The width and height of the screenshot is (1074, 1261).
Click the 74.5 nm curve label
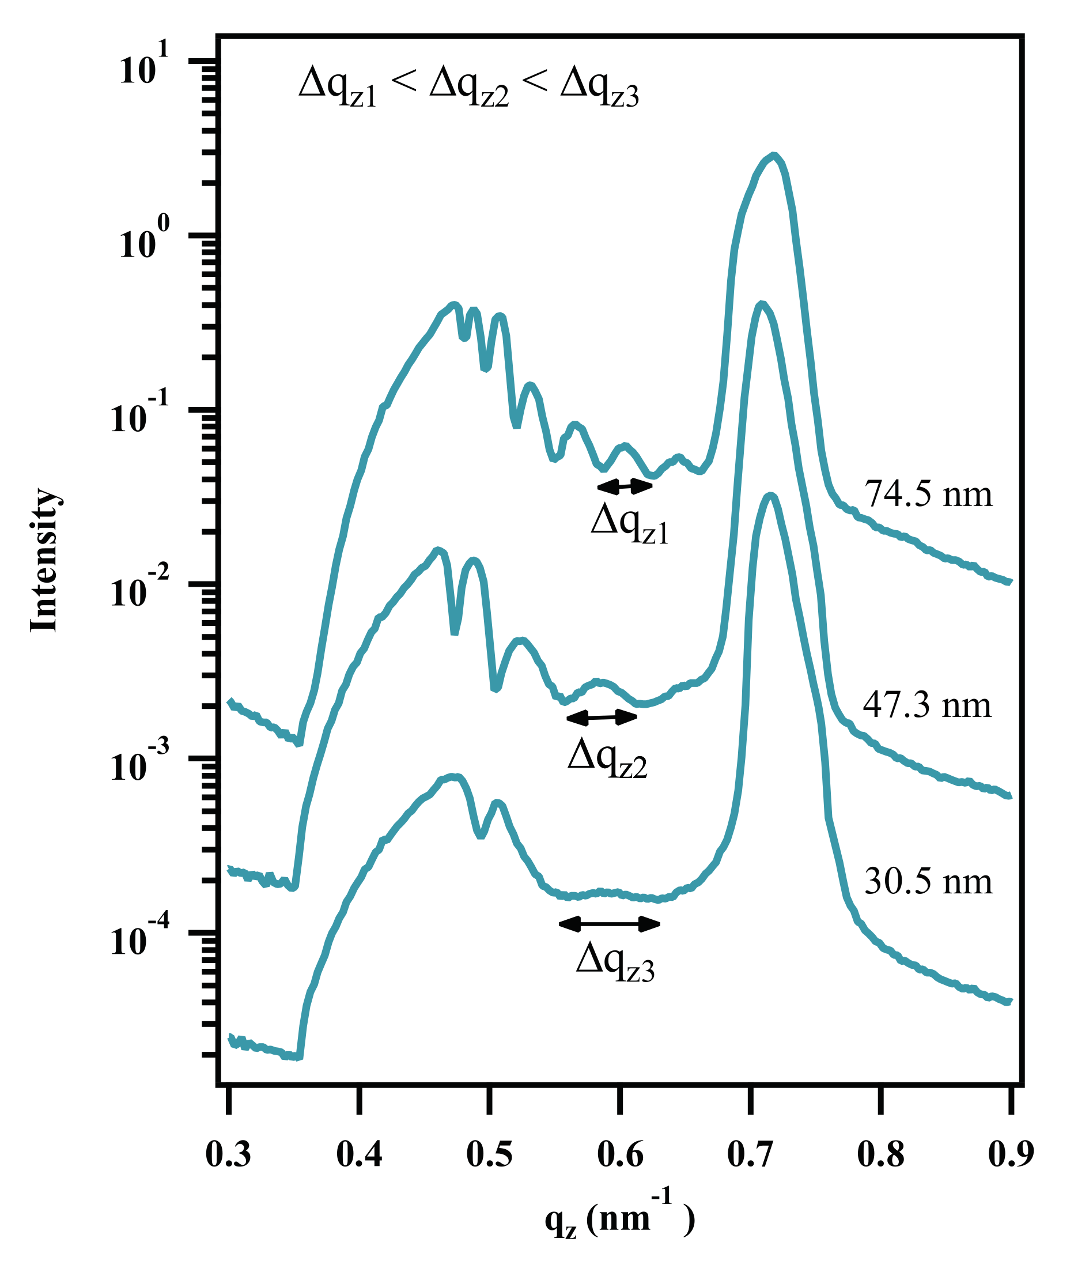tap(928, 494)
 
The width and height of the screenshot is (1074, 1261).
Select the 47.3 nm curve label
tap(926, 706)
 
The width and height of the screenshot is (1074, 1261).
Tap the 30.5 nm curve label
tap(928, 881)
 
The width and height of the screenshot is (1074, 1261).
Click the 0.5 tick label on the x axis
tap(489, 1155)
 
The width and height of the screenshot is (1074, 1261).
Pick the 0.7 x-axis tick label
tap(750, 1155)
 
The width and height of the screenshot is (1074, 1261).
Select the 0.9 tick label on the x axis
tap(1011, 1155)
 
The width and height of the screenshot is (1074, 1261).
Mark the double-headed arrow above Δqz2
tap(601, 718)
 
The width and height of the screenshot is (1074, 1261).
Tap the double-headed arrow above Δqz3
tap(609, 924)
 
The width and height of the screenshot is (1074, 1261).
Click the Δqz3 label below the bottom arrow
tap(615, 963)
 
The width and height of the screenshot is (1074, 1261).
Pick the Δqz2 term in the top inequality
tap(468, 87)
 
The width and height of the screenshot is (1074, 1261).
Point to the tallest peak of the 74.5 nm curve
tap(773, 156)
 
